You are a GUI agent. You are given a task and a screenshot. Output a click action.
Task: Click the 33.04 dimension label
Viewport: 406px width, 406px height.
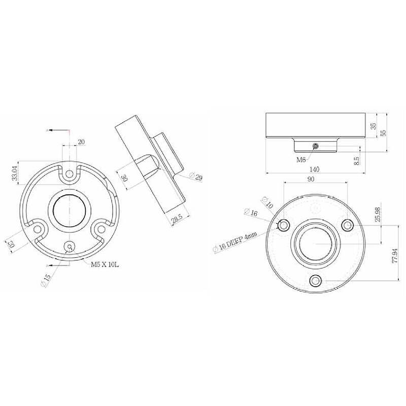(x=15, y=174)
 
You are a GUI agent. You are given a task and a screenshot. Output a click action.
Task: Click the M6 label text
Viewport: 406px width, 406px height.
(x=301, y=159)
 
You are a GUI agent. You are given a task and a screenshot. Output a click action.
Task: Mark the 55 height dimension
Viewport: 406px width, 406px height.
(x=384, y=132)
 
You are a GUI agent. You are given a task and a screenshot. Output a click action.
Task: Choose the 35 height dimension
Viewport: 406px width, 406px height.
(x=374, y=126)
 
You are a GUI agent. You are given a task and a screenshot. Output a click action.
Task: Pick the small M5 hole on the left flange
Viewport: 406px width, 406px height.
(x=69, y=247)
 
